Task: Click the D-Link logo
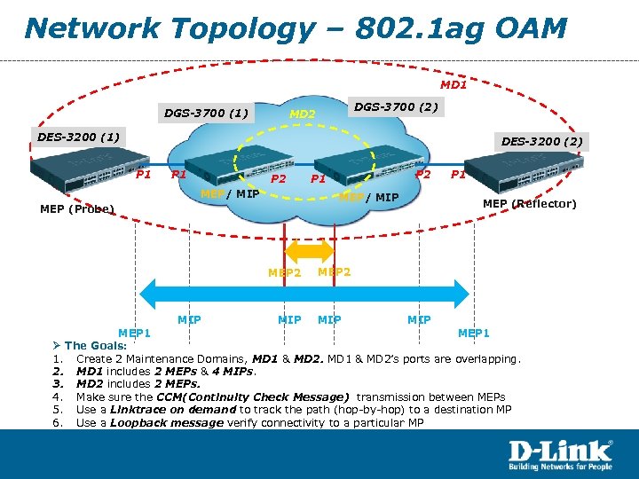[x=560, y=452]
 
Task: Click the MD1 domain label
[x=454, y=85]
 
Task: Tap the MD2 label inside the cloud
[x=304, y=114]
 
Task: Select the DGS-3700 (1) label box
[x=207, y=113]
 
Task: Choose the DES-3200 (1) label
[x=78, y=137]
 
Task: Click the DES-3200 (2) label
[x=541, y=141]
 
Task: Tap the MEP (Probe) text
[x=78, y=209]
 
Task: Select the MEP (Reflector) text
[x=529, y=204]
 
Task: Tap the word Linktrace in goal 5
[x=138, y=410]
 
